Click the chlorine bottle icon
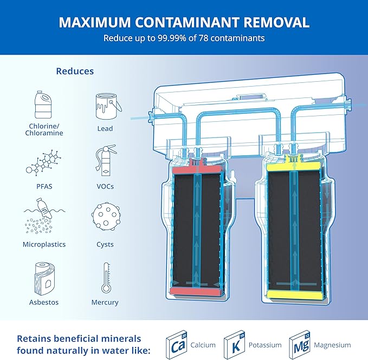tap(44, 106)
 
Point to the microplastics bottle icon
tap(44, 218)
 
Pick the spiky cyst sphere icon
tap(105, 219)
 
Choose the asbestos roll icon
tap(44, 277)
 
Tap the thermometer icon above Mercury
tap(105, 278)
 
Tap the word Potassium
tap(265, 345)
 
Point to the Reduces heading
tap(75, 71)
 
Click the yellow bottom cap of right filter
tap(294, 295)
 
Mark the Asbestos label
tap(44, 302)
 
